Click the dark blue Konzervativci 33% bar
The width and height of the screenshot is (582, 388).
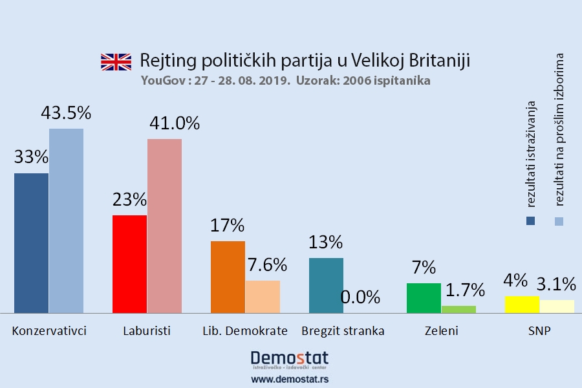click(x=31, y=243)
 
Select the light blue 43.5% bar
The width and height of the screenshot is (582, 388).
click(x=66, y=221)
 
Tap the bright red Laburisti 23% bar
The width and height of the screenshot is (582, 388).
click(x=129, y=264)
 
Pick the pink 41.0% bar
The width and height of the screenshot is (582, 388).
click(x=164, y=226)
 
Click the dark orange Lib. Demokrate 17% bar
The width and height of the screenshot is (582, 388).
click(x=228, y=277)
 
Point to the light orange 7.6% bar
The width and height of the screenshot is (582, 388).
click(x=263, y=297)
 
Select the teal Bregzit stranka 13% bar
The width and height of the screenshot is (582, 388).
click(x=326, y=285)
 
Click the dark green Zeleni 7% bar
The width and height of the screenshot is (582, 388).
click(x=424, y=298)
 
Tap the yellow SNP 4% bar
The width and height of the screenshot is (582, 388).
click(x=522, y=305)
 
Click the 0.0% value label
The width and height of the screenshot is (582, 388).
click(x=360, y=297)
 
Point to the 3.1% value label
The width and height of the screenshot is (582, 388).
click(x=556, y=283)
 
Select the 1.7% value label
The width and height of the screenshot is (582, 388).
click(x=458, y=290)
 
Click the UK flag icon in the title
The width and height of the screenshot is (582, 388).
click(x=116, y=61)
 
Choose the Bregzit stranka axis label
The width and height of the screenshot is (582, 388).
click(x=343, y=331)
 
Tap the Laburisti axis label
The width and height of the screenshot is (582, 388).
click(x=147, y=331)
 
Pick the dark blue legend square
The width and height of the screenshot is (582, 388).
click(x=531, y=221)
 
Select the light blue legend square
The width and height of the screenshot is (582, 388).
click(x=559, y=221)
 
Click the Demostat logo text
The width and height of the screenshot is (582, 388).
click(x=289, y=358)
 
